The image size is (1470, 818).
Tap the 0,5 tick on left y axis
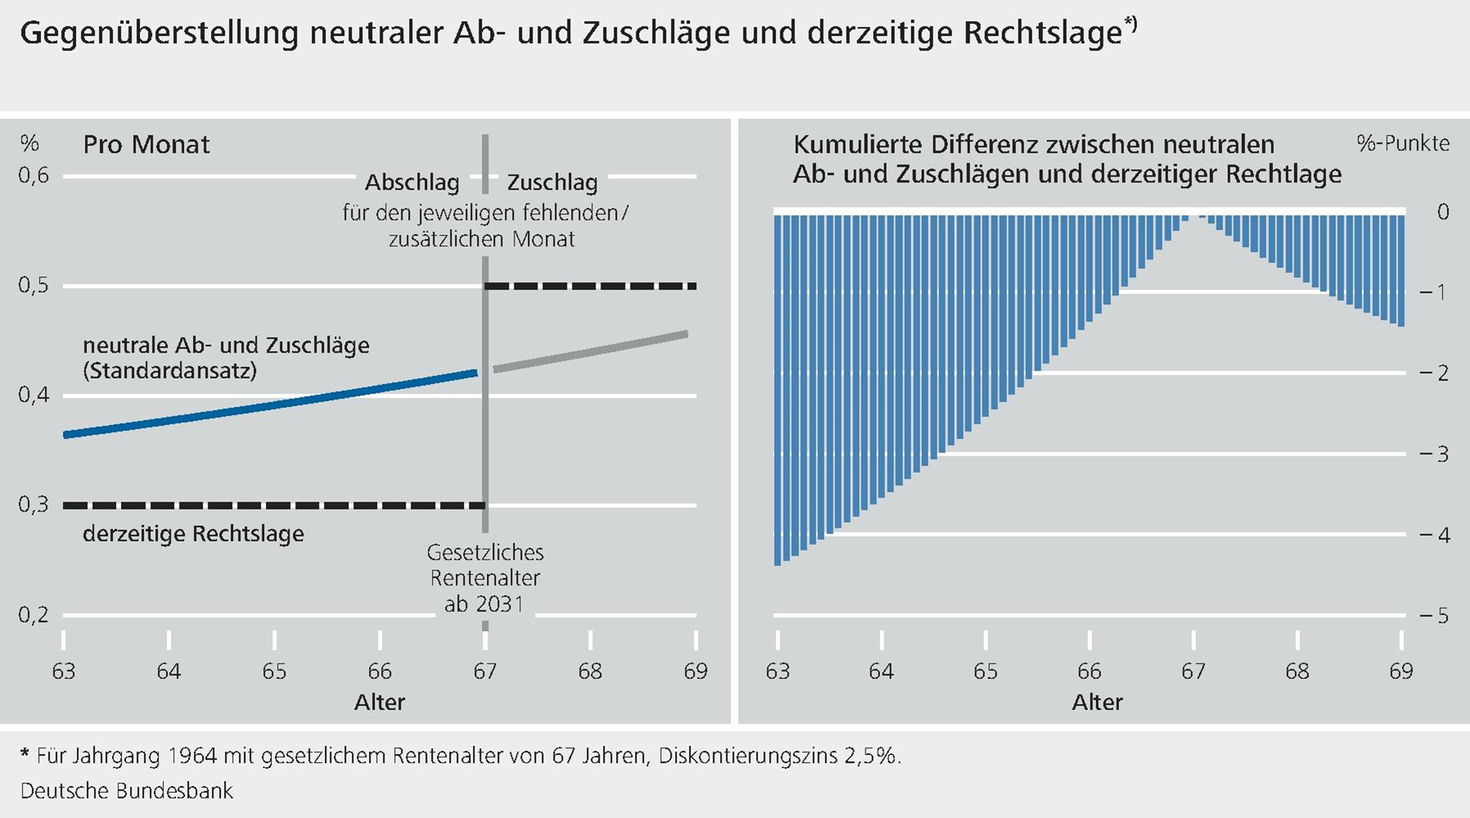tap(34, 285)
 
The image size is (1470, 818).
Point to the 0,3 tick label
tap(34, 505)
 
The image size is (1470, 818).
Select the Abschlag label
tap(411, 182)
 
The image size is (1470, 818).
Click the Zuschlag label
tap(552, 182)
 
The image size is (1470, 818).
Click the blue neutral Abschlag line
tap(270, 405)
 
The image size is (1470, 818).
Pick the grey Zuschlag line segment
tap(589, 353)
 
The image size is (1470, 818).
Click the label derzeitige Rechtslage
tap(193, 534)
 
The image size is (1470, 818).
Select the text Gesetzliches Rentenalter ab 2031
tap(485, 578)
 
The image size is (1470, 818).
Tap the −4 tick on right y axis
tap(1434, 535)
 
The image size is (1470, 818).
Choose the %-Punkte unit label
tap(1402, 144)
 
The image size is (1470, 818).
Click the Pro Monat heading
tap(146, 145)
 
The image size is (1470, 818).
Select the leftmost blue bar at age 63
tap(777, 389)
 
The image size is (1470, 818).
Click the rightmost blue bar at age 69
tap(1401, 270)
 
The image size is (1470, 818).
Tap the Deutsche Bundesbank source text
tap(127, 791)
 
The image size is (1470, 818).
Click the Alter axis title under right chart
tap(1097, 703)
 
